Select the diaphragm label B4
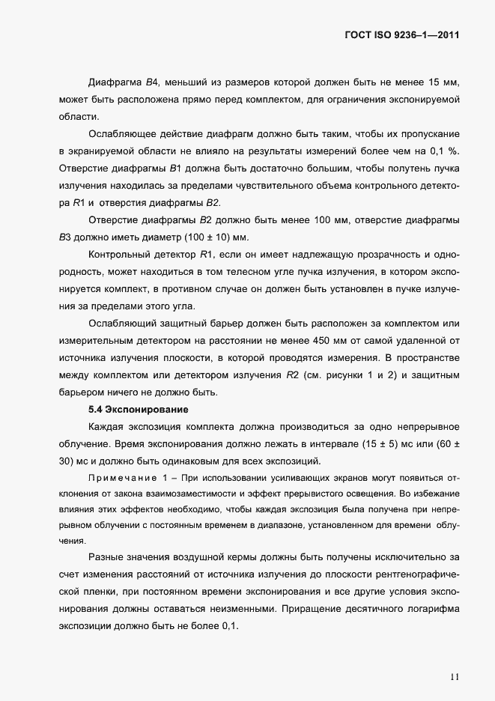click(153, 82)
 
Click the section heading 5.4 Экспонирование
click(138, 410)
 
